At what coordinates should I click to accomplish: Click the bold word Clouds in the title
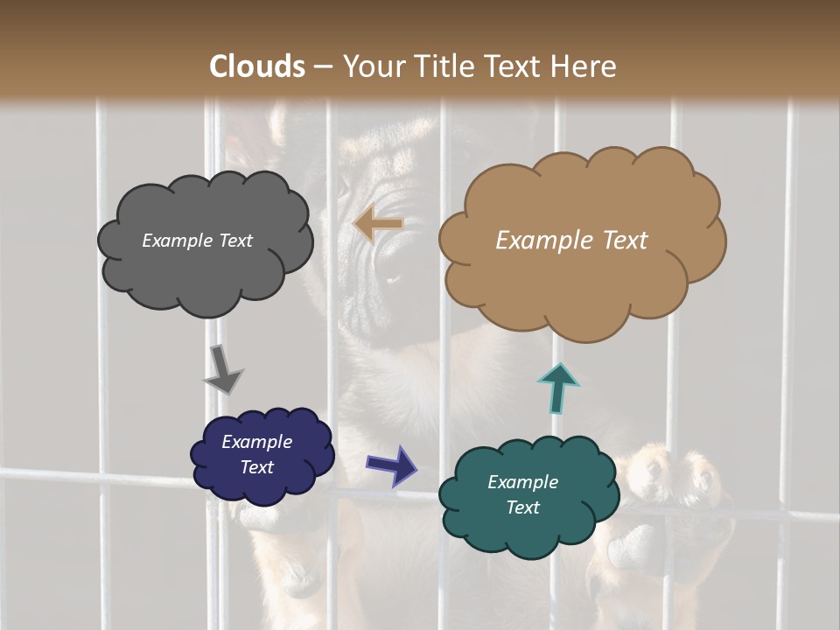click(258, 66)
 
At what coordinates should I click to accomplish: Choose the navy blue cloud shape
click(262, 455)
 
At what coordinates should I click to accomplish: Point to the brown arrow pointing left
click(378, 224)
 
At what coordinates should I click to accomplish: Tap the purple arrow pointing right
click(392, 465)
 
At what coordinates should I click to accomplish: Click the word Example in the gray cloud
click(175, 241)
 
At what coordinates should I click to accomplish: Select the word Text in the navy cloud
click(257, 467)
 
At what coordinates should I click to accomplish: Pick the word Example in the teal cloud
click(522, 482)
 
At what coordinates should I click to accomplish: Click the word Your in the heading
click(371, 66)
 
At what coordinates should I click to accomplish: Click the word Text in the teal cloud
click(522, 507)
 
